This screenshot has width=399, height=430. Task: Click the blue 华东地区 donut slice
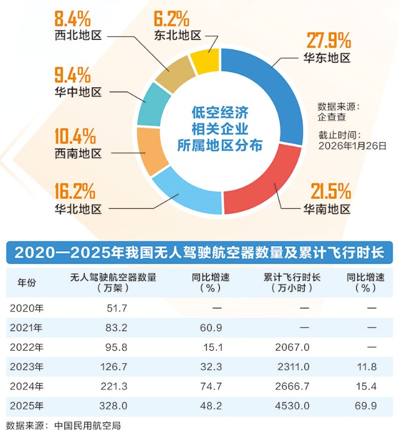pos(274,93)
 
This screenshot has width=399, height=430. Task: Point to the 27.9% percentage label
pos(329,42)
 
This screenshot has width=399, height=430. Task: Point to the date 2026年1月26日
pos(352,145)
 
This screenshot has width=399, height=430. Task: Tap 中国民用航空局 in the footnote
pos(86,424)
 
